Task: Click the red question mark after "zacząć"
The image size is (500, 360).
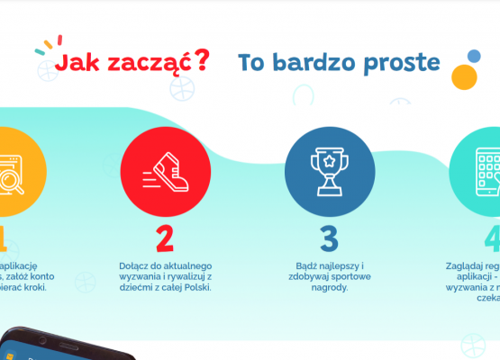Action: point(202,60)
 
